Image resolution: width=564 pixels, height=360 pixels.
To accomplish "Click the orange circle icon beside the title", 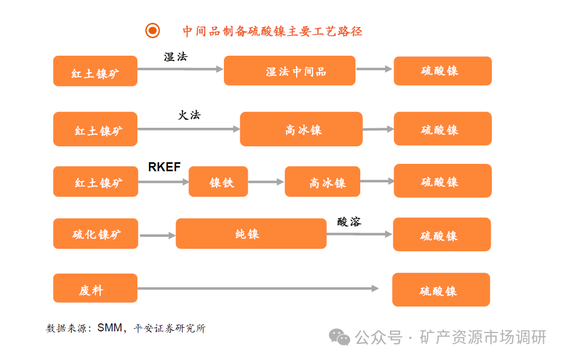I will tap(152, 31).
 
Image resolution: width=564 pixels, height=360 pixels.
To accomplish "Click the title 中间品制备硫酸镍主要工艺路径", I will tap(272, 31).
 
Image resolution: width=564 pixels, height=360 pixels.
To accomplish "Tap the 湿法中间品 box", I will tap(289, 71).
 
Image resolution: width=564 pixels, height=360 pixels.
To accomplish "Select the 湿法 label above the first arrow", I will tap(176, 57).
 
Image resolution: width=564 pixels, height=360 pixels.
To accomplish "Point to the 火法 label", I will tap(189, 115).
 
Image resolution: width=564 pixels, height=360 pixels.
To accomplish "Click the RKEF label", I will tap(164, 168).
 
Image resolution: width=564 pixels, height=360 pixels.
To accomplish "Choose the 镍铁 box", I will tap(218, 182).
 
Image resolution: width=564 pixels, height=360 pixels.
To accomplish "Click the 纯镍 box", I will tap(250, 234).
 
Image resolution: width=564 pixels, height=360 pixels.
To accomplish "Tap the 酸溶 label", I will tap(349, 222).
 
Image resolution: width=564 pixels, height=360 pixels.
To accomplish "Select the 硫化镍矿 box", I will tap(96, 234).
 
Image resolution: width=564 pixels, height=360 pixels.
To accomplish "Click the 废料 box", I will tap(95, 288).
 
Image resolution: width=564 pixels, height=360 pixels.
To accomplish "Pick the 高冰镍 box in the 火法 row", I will tap(301, 129).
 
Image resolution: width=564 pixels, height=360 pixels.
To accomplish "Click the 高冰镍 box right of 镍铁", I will tap(322, 182).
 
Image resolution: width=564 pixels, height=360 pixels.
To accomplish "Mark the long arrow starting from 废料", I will tap(258, 288).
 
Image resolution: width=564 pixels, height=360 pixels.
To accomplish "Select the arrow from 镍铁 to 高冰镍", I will tap(266, 182).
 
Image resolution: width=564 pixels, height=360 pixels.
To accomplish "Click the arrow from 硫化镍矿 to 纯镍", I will tap(157, 235).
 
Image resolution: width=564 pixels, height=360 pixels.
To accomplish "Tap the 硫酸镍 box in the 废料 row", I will tap(440, 289).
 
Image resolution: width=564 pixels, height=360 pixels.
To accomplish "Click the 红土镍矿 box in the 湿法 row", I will tap(95, 71).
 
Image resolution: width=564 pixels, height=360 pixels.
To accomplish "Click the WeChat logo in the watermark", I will tap(339, 337).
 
